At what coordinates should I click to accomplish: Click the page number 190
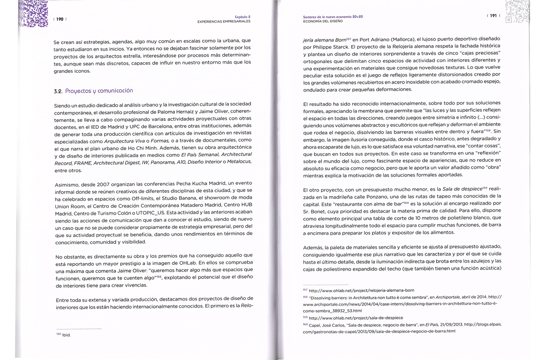(60, 19)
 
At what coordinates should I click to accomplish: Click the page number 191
(493, 16)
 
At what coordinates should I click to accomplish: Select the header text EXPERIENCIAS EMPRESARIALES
(224, 21)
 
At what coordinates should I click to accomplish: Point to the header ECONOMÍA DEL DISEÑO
(323, 21)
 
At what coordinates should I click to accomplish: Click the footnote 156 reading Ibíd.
(66, 335)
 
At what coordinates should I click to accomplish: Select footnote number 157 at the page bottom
(305, 290)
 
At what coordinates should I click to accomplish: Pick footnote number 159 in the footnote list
(305, 317)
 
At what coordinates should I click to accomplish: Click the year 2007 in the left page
(103, 184)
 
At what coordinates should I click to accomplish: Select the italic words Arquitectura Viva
(119, 141)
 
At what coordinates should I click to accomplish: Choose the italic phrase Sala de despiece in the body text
(462, 189)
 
